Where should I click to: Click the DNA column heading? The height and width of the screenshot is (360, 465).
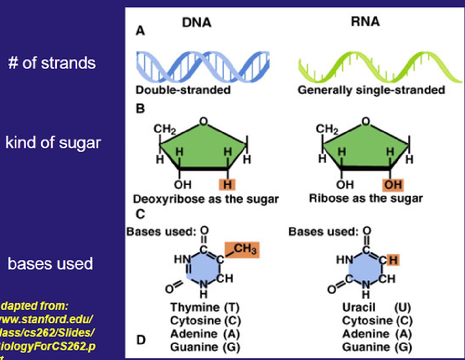point(196,23)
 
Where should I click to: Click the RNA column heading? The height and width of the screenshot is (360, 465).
point(365,22)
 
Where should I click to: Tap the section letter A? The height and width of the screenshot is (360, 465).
point(140,31)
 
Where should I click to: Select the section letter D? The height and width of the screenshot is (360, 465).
point(141,340)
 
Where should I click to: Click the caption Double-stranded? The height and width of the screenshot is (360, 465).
point(183,90)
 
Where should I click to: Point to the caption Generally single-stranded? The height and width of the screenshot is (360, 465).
point(371,90)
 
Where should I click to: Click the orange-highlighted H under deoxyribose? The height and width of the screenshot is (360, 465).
point(227,185)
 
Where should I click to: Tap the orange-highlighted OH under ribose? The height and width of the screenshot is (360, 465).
point(393,185)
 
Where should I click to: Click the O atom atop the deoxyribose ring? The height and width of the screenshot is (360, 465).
point(203,122)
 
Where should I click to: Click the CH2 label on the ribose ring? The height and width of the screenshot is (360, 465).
point(327,129)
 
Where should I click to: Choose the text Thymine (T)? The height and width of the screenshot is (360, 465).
point(205,307)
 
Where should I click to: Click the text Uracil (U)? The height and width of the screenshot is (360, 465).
point(376,307)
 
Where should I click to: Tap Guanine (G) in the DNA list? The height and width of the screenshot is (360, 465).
point(205,347)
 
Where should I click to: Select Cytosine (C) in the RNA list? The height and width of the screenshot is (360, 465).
point(377,321)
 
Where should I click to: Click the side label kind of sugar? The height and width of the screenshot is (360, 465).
point(53,143)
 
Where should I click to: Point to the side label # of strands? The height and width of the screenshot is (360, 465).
point(52,63)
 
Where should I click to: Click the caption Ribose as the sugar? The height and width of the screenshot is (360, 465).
point(366,198)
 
